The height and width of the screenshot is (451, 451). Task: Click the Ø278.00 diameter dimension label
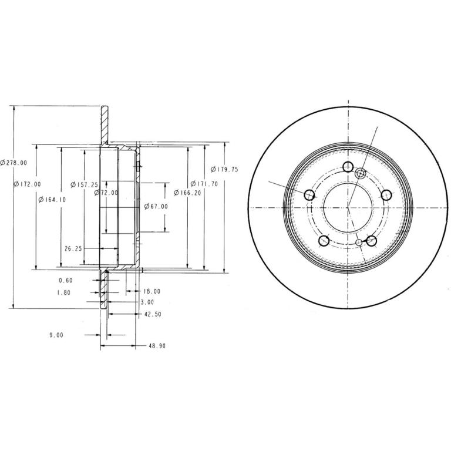(x=14, y=163)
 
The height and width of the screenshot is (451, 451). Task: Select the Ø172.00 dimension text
(x=28, y=184)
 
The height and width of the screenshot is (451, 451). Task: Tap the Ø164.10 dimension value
(x=52, y=200)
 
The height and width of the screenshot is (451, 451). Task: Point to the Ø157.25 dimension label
(x=85, y=184)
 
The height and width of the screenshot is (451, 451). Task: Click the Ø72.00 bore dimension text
(x=106, y=193)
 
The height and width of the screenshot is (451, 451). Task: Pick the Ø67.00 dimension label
(x=156, y=206)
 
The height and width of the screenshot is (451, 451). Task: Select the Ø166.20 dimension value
(x=187, y=193)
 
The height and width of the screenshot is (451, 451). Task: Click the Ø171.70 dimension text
(x=204, y=184)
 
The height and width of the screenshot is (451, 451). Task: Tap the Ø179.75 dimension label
(x=224, y=169)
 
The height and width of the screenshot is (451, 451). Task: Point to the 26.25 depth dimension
(x=73, y=248)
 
